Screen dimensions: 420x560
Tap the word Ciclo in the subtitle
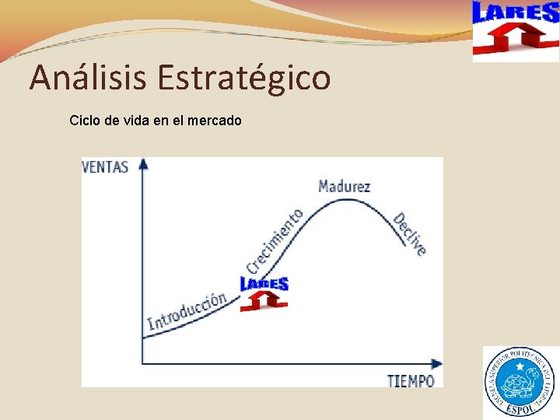pyautogui.click(x=85, y=121)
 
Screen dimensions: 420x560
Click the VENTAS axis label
pyautogui.click(x=105, y=166)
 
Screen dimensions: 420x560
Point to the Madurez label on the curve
pyautogui.click(x=344, y=186)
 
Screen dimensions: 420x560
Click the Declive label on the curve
pyautogui.click(x=409, y=233)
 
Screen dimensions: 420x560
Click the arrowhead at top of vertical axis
pyautogui.click(x=142, y=164)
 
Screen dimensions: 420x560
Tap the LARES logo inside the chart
pyautogui.click(x=264, y=293)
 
